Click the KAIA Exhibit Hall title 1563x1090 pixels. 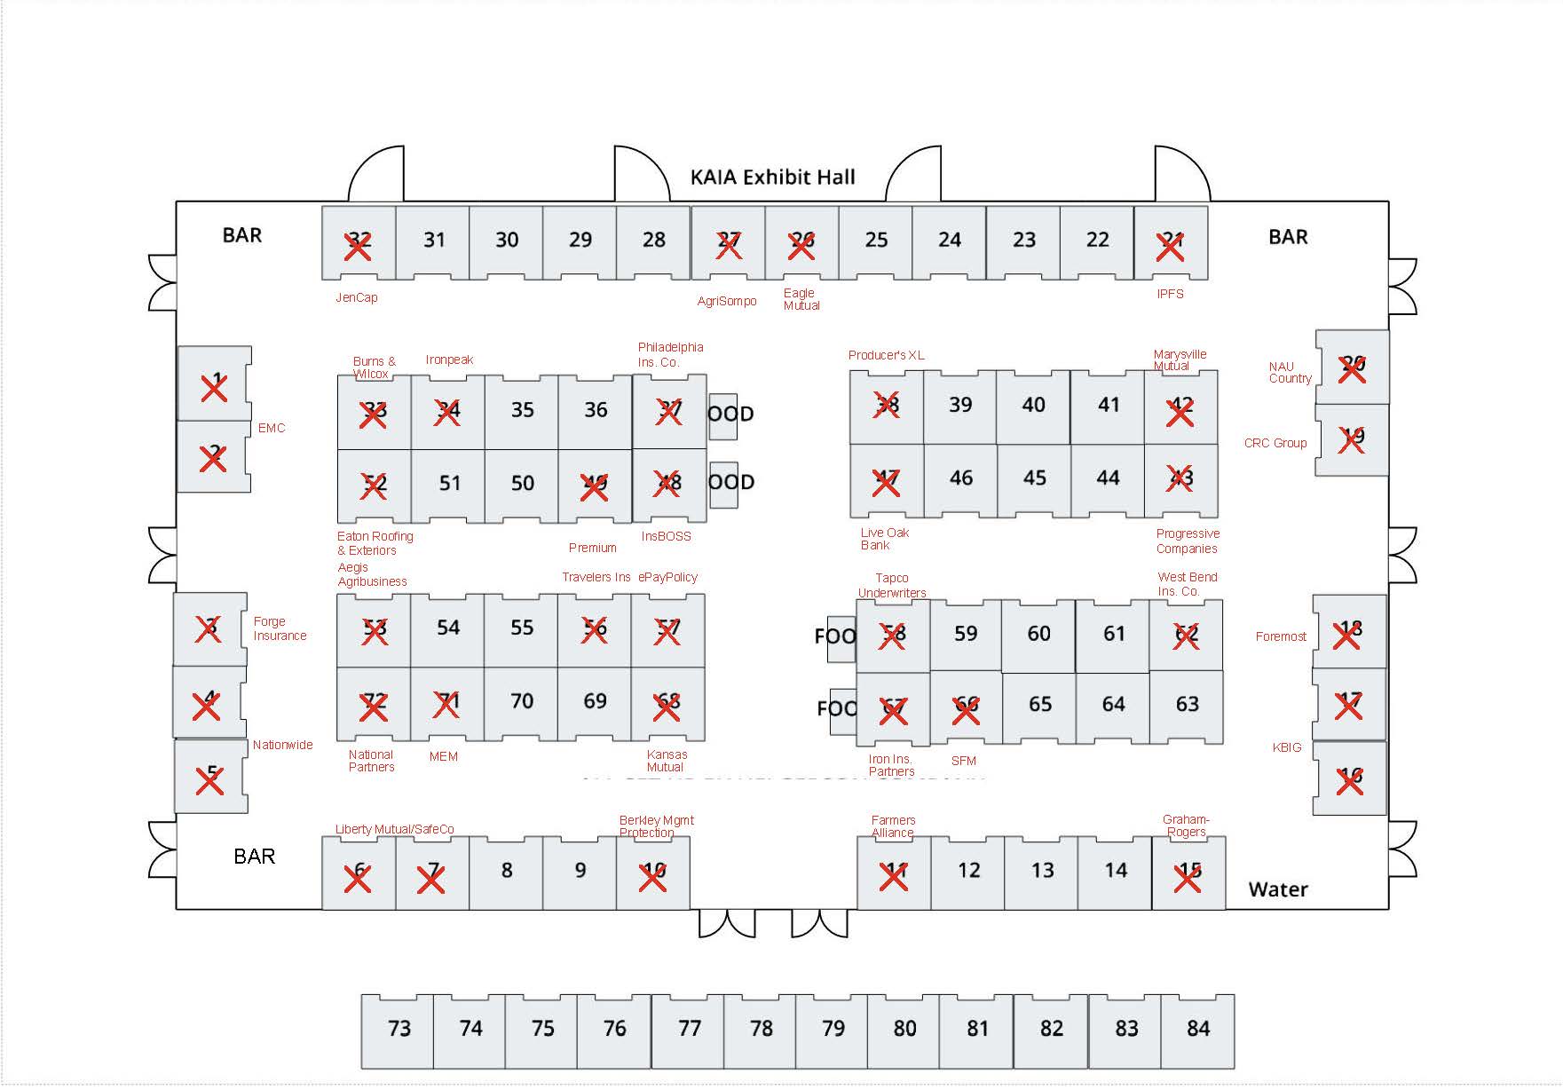coord(772,177)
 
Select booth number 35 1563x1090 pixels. coord(522,410)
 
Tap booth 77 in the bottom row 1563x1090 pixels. coord(689,1029)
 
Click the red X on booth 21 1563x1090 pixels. coord(1171,248)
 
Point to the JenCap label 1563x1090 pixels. coord(356,298)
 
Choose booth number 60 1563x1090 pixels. coord(1038,634)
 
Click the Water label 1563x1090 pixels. coord(1277,889)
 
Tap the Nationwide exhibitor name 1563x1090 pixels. coord(282,745)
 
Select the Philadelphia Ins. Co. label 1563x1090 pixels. coord(670,355)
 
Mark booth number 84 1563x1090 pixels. coord(1197,1029)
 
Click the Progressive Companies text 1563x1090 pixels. coord(1188,541)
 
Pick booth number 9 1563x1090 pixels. coord(580,871)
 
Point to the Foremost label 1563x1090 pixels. coord(1281,636)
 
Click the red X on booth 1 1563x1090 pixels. coord(214,388)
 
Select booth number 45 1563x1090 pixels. coord(1034,478)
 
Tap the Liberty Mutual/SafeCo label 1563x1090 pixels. coord(394,830)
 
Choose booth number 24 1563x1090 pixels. coord(950,241)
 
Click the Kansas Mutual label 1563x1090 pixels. coord(667,761)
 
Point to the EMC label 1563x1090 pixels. coord(272,428)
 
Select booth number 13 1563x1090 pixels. coord(1042,871)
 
